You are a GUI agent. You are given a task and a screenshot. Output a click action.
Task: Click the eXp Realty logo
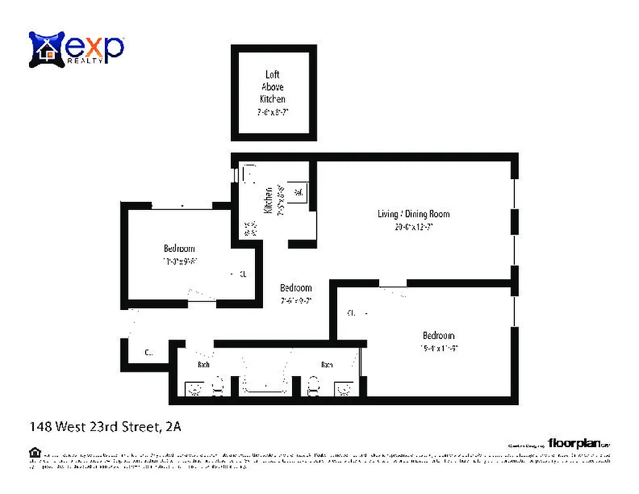77,49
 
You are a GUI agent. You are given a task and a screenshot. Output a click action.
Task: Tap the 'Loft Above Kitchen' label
272,86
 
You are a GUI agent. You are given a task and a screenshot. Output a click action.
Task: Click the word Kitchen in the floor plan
269,201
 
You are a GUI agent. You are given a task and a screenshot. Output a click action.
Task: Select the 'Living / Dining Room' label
413,214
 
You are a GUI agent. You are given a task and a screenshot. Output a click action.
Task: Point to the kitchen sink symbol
299,192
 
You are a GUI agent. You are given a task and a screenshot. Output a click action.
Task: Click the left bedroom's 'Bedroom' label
179,249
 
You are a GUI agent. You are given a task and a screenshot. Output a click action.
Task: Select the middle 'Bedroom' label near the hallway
296,288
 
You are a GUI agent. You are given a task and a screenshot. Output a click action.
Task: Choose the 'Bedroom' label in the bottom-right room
438,336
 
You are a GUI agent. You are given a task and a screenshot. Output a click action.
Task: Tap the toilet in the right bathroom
313,387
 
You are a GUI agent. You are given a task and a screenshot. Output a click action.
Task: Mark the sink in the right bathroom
343,388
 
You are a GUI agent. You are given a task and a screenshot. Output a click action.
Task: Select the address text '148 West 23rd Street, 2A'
106,426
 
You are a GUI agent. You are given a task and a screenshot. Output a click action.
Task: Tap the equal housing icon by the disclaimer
35,453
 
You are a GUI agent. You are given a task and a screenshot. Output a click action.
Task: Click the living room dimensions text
413,227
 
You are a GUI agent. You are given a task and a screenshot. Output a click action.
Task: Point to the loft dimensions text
273,112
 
